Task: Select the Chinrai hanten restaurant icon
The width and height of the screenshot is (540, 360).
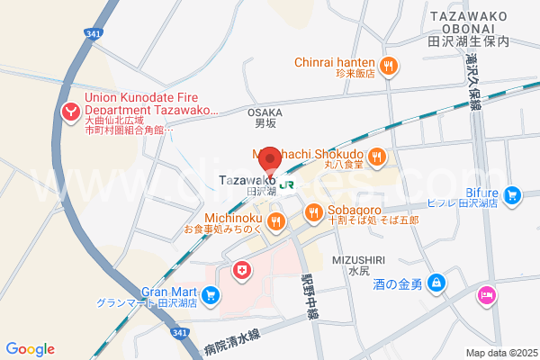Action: click(389, 64)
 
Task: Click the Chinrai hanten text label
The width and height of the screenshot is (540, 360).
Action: click(336, 63)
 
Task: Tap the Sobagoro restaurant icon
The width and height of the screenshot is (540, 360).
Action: click(313, 212)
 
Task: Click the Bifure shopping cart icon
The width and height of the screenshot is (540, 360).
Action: click(512, 193)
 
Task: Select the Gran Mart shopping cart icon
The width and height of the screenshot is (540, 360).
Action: click(210, 293)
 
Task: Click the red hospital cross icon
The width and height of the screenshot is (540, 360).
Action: click(241, 269)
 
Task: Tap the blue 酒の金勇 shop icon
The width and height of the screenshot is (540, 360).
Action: click(436, 284)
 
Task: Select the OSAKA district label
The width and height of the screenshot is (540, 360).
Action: click(265, 112)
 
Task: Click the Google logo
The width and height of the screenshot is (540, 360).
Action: click(30, 348)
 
